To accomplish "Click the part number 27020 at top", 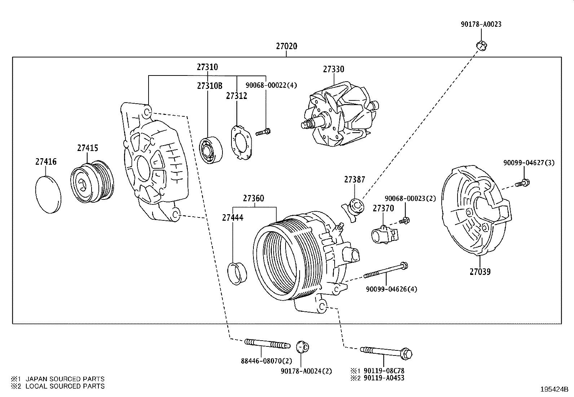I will [287, 46].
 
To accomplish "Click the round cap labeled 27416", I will [48, 194].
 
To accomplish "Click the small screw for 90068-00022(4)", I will [264, 132].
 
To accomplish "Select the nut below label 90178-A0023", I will [481, 46].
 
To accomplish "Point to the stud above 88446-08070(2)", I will [267, 343].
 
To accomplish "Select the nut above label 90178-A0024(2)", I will [302, 348].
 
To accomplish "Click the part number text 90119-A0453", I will [384, 378].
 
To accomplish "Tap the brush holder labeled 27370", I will [384, 233].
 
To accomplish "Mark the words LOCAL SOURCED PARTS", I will [65, 386].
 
